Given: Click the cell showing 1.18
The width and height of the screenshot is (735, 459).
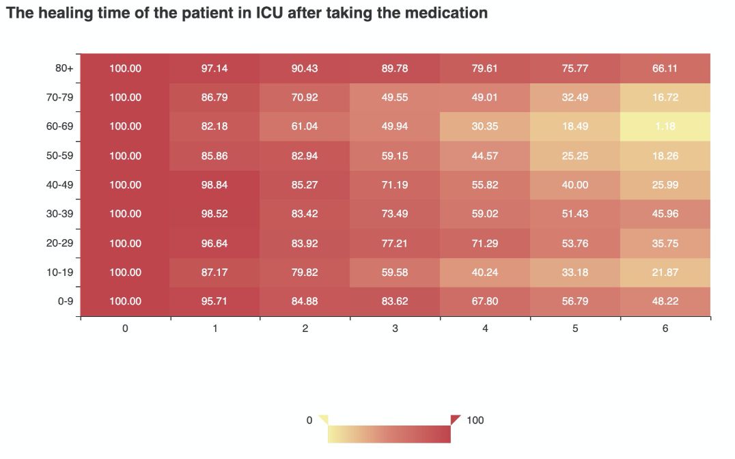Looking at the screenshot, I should coord(665,126).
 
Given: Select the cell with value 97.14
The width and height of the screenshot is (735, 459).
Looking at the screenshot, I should coord(215,68).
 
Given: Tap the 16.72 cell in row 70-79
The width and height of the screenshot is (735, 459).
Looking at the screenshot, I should coord(665,98).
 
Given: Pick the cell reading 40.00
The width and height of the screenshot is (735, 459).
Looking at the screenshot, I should coord(575,184).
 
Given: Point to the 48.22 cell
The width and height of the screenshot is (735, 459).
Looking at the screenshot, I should coord(665,301).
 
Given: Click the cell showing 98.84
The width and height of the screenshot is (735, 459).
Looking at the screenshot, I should coord(215,184).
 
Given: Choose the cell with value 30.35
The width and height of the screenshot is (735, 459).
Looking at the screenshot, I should coord(485,126).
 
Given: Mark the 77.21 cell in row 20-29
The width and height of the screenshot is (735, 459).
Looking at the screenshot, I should coord(395,243).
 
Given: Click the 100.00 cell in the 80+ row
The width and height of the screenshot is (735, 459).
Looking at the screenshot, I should coord(125,68).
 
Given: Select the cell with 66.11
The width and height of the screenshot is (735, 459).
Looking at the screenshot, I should coord(665,68).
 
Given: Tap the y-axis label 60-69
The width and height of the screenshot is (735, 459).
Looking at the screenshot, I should coord(59,126).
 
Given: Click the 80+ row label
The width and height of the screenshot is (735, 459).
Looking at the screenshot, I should coord(64,68).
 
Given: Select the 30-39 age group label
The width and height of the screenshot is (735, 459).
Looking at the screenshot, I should coord(59,214).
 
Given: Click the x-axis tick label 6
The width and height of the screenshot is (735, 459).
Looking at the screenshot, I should coord(665,329).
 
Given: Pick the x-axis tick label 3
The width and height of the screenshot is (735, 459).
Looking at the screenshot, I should coord(395,329).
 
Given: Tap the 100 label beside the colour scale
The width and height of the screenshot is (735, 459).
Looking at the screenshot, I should coord(475,420).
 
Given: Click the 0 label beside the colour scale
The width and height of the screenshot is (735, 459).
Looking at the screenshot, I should coord(309,420).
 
